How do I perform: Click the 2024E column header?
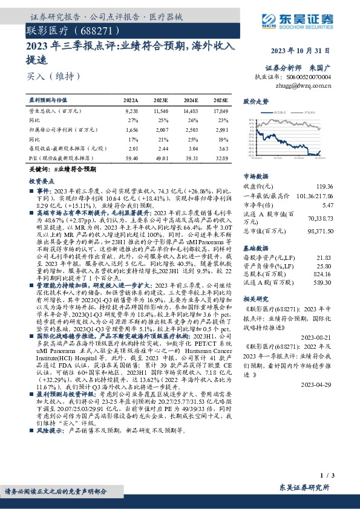191,100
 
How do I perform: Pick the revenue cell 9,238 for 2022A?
131,112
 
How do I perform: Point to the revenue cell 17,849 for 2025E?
220,112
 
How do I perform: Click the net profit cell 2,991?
221,130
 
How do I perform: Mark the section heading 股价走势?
255,102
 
